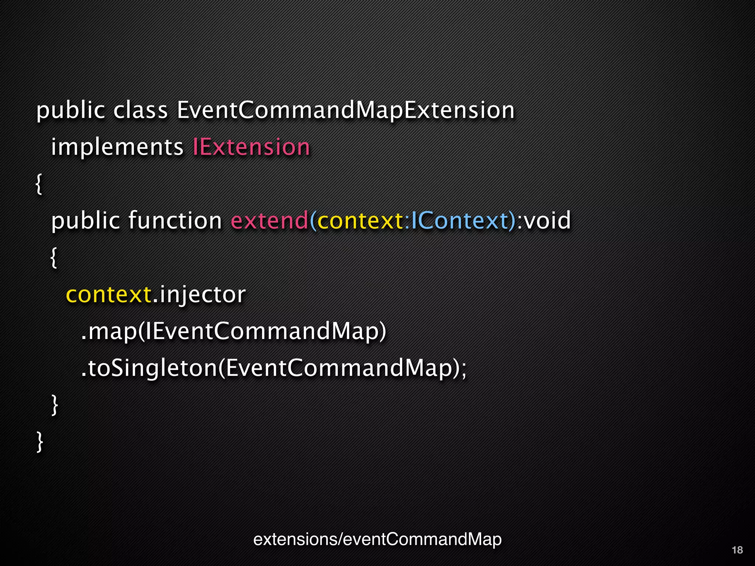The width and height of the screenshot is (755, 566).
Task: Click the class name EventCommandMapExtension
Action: tap(345, 110)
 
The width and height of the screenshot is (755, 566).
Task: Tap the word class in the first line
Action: tap(140, 110)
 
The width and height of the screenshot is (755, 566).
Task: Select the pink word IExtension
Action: tap(251, 147)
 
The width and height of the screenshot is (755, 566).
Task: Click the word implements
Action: tap(117, 147)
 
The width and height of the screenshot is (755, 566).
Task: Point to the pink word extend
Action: tap(269, 221)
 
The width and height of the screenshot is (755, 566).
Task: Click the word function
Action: tap(175, 221)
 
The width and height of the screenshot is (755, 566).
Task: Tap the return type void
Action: tap(547, 221)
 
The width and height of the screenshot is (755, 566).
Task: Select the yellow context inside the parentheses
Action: tap(360, 221)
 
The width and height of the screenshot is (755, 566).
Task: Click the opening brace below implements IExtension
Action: tap(39, 184)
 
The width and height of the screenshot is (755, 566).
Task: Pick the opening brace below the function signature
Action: tap(54, 258)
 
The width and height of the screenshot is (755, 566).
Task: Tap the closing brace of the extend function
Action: tap(55, 405)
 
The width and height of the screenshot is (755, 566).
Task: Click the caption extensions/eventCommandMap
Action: tap(377, 539)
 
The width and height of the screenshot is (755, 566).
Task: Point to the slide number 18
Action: tap(737, 550)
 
